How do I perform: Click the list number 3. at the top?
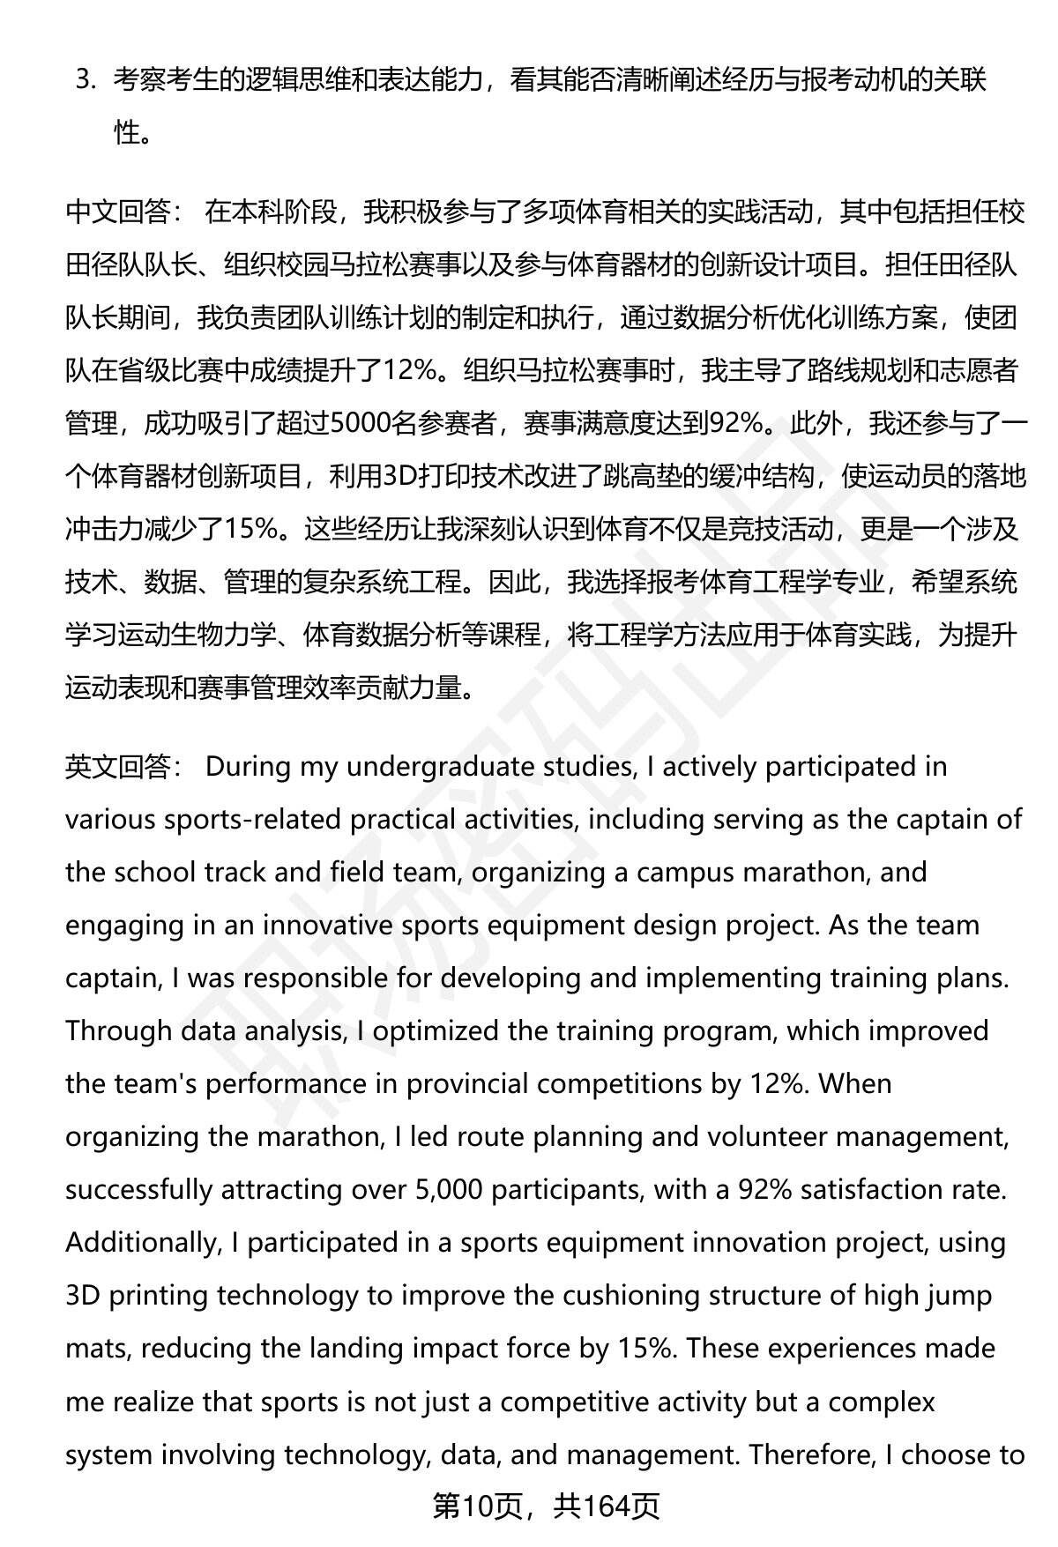pos(85,80)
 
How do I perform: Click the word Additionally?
pos(141,1243)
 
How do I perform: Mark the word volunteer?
pos(763,1137)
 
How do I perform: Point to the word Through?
pos(117,1031)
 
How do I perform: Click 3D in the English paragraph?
pos(83,1296)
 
